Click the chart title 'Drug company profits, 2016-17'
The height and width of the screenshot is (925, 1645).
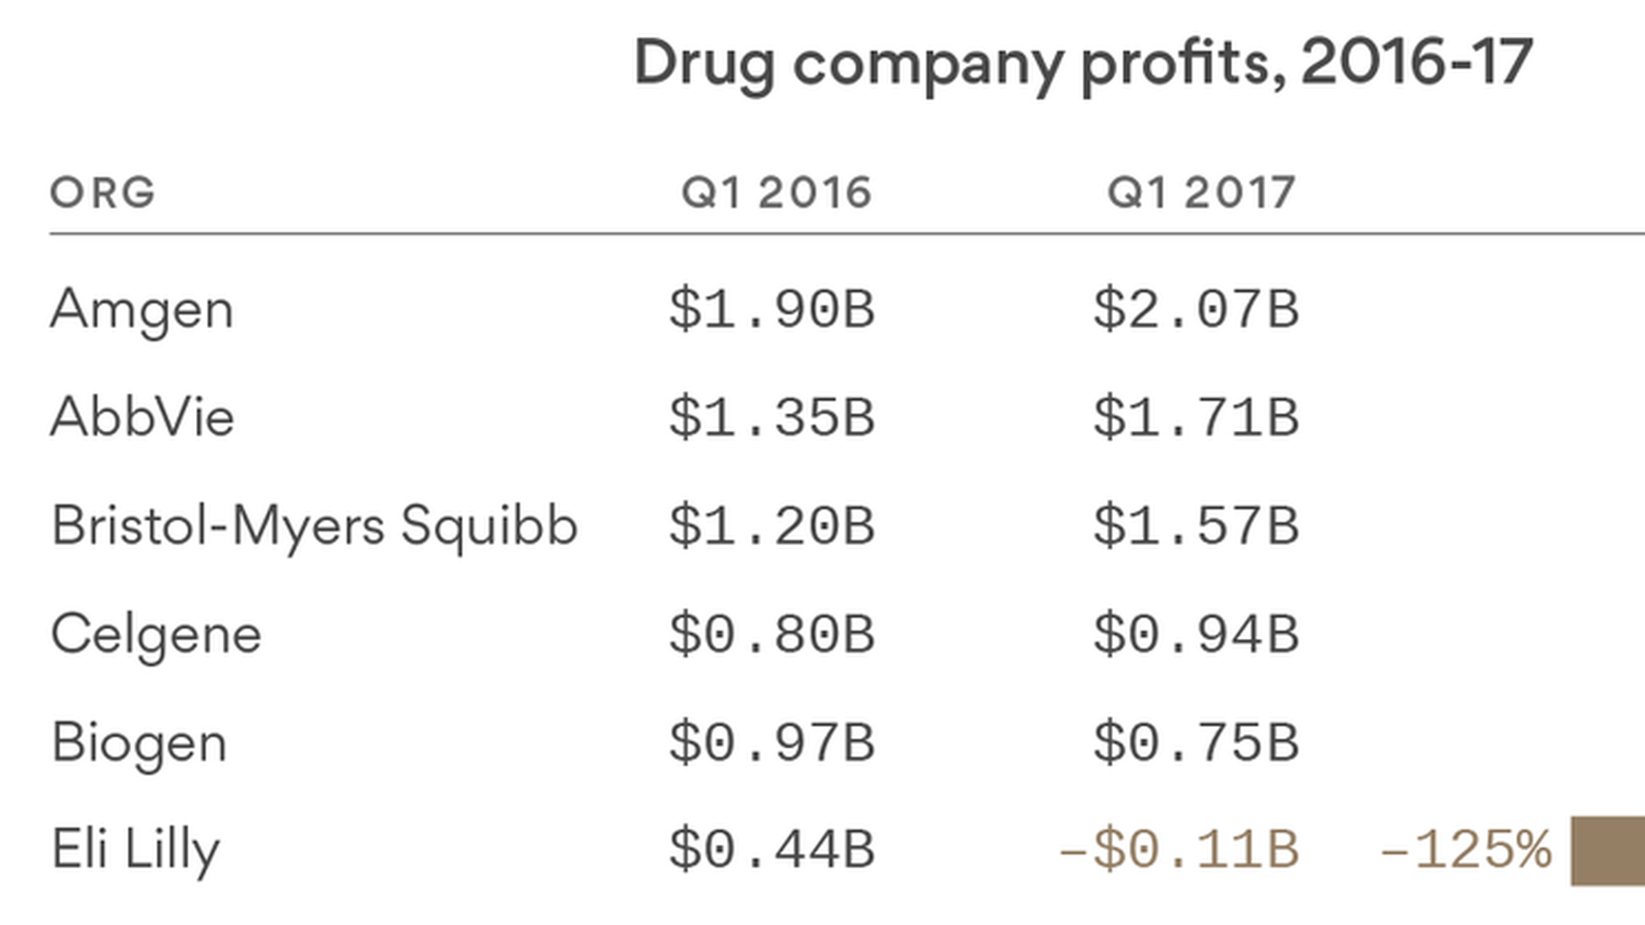pos(1083,63)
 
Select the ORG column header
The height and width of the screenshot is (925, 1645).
pos(103,193)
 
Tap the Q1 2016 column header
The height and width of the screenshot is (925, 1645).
pos(776,193)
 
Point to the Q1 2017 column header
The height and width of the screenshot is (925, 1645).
pos(1201,193)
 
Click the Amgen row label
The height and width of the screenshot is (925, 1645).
pos(142,310)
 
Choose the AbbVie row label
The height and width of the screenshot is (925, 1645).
pos(142,418)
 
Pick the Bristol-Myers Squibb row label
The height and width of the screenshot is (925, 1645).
pos(314,526)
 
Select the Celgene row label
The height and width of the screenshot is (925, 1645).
pos(156,635)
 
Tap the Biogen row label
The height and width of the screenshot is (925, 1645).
pos(140,743)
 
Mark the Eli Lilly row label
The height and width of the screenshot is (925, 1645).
pos(136,850)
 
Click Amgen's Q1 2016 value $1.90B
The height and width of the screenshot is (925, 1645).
pos(772,309)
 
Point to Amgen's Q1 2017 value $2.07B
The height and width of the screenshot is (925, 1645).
pos(1197,309)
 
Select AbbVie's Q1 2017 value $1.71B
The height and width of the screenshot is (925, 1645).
pos(1197,418)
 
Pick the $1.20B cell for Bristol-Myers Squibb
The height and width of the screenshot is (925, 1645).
pos(772,526)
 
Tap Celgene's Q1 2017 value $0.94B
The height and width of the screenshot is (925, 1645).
pos(1197,635)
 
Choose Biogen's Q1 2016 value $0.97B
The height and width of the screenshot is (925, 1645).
pos(772,743)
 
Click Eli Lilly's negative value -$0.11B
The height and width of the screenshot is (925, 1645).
pos(1180,850)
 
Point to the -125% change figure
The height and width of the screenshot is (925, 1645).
pos(1466,850)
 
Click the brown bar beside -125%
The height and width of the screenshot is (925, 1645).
pos(1608,851)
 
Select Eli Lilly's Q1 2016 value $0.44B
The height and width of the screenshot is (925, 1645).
pos(772,850)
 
